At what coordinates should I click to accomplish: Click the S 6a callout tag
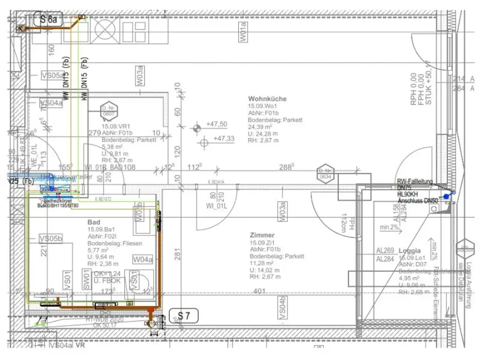(48, 20)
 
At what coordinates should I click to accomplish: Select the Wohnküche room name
(267, 99)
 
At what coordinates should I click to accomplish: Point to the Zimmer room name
(262, 235)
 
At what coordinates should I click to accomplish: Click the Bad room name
(94, 222)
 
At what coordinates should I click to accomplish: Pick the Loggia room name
(410, 251)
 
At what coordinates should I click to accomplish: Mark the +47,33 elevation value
(224, 139)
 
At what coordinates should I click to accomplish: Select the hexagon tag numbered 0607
(108, 111)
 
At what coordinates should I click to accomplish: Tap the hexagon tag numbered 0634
(325, 174)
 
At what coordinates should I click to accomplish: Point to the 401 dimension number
(259, 292)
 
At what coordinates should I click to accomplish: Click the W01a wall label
(243, 32)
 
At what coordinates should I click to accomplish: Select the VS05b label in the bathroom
(51, 239)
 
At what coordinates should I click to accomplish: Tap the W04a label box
(142, 259)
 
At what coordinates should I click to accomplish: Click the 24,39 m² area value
(260, 127)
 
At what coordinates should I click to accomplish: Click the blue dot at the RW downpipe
(446, 196)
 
